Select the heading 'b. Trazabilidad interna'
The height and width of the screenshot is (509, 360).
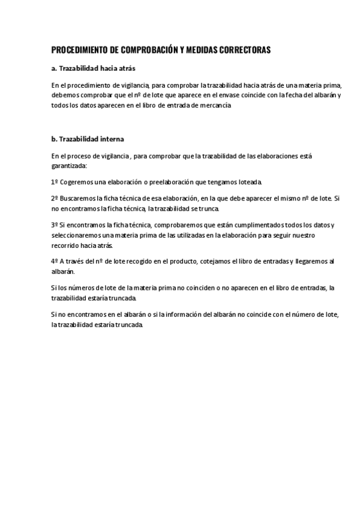coord(88,139)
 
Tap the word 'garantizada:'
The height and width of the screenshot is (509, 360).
coord(69,164)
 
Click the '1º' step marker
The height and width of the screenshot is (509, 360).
coord(55,181)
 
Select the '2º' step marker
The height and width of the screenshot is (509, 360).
coord(55,197)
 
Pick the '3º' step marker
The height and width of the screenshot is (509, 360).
coord(55,224)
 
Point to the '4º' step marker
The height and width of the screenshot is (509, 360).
coord(55,261)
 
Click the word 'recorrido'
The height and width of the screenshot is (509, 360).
coord(67,245)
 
